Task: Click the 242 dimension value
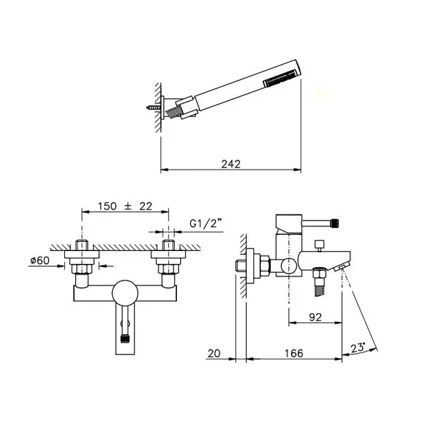click(231, 164)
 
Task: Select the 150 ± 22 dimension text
click(125, 206)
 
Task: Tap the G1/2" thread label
click(206, 223)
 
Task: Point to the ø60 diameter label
click(40, 260)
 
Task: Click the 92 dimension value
click(315, 317)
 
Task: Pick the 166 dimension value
click(293, 353)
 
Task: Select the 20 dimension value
click(214, 353)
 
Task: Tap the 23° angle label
click(358, 348)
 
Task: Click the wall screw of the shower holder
click(154, 107)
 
